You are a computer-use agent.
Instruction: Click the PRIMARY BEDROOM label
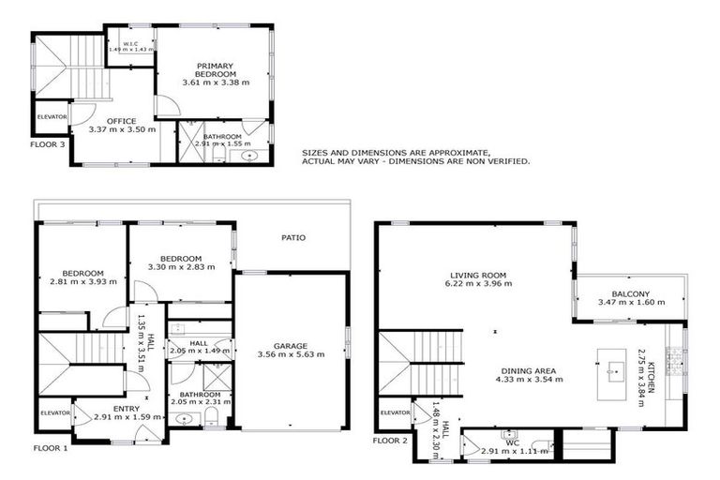(x=215, y=69)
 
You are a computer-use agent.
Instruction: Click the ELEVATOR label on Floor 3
(x=52, y=117)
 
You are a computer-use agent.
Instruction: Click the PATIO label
(x=293, y=237)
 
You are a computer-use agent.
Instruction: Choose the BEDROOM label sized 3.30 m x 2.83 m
(x=181, y=258)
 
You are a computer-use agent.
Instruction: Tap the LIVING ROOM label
(x=477, y=276)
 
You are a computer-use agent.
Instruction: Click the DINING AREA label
(x=530, y=369)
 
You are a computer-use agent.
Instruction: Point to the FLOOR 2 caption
(x=390, y=440)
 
